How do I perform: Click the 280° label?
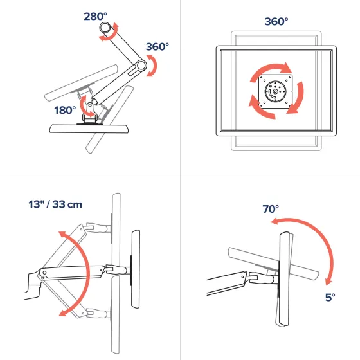pyautogui.click(x=95, y=16)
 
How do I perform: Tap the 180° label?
pyautogui.click(x=65, y=110)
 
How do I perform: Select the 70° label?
pyautogui.click(x=271, y=209)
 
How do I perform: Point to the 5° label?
pyautogui.click(x=330, y=297)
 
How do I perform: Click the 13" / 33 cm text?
pyautogui.click(x=55, y=204)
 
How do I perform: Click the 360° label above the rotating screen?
pyautogui.click(x=276, y=21)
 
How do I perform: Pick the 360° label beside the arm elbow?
pyautogui.click(x=157, y=46)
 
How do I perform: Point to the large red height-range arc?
pyautogui.click(x=87, y=273)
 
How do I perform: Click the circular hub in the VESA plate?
pyautogui.click(x=275, y=91)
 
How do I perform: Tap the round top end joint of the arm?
pyautogui.click(x=105, y=28)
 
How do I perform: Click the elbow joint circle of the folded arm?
pyautogui.click(x=141, y=66)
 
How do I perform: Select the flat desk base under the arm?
pyautogui.click(x=89, y=129)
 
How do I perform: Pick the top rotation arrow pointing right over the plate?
pyautogui.click(x=271, y=70)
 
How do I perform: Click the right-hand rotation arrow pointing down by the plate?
pyautogui.click(x=298, y=98)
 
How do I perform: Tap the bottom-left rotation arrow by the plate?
pyautogui.click(x=260, y=109)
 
